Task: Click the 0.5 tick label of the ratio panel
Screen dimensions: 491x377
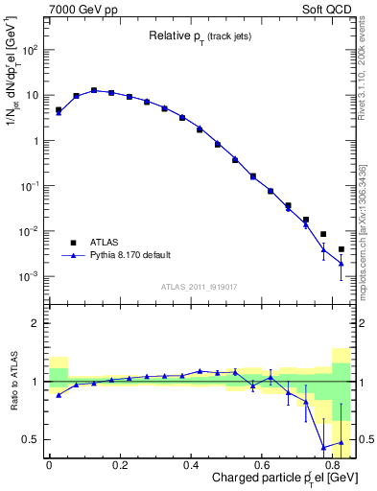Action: click(x=32, y=439)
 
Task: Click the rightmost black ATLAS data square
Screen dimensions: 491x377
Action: click(x=342, y=249)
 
